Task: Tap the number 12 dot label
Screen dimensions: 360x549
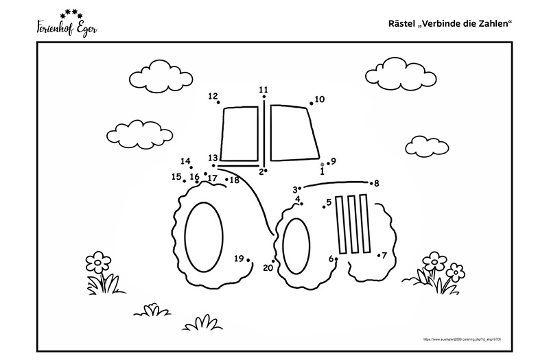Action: (213, 96)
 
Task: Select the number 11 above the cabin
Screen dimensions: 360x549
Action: (264, 89)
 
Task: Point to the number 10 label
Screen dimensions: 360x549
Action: (320, 99)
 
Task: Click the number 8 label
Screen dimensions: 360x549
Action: (376, 183)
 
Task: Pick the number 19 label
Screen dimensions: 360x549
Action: (239, 259)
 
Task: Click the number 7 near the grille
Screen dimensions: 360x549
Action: (384, 255)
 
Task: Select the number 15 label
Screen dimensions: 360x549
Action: (176, 177)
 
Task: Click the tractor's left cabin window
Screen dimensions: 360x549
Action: (240, 136)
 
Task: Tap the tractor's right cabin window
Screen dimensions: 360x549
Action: (294, 132)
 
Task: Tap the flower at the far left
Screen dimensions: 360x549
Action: (97, 261)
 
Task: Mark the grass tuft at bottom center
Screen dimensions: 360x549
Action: (202, 321)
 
